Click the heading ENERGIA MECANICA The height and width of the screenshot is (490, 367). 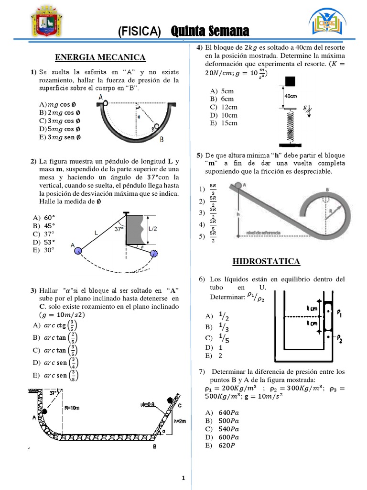point(100,57)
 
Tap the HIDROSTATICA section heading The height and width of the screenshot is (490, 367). point(266,261)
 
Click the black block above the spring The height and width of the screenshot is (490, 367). point(290,80)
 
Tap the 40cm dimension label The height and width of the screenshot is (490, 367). point(291,96)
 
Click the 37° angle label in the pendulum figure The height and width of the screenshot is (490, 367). point(119,229)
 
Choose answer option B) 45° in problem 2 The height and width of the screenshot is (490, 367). point(44,226)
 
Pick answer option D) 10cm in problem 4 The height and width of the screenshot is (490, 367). point(223,115)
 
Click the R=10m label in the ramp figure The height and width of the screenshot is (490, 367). point(73,408)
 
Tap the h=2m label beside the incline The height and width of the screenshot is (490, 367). point(180,421)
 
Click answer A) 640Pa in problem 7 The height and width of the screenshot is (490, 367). point(222,413)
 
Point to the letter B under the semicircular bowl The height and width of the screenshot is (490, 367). point(162,140)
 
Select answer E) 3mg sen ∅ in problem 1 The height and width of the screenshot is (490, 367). point(60,137)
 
